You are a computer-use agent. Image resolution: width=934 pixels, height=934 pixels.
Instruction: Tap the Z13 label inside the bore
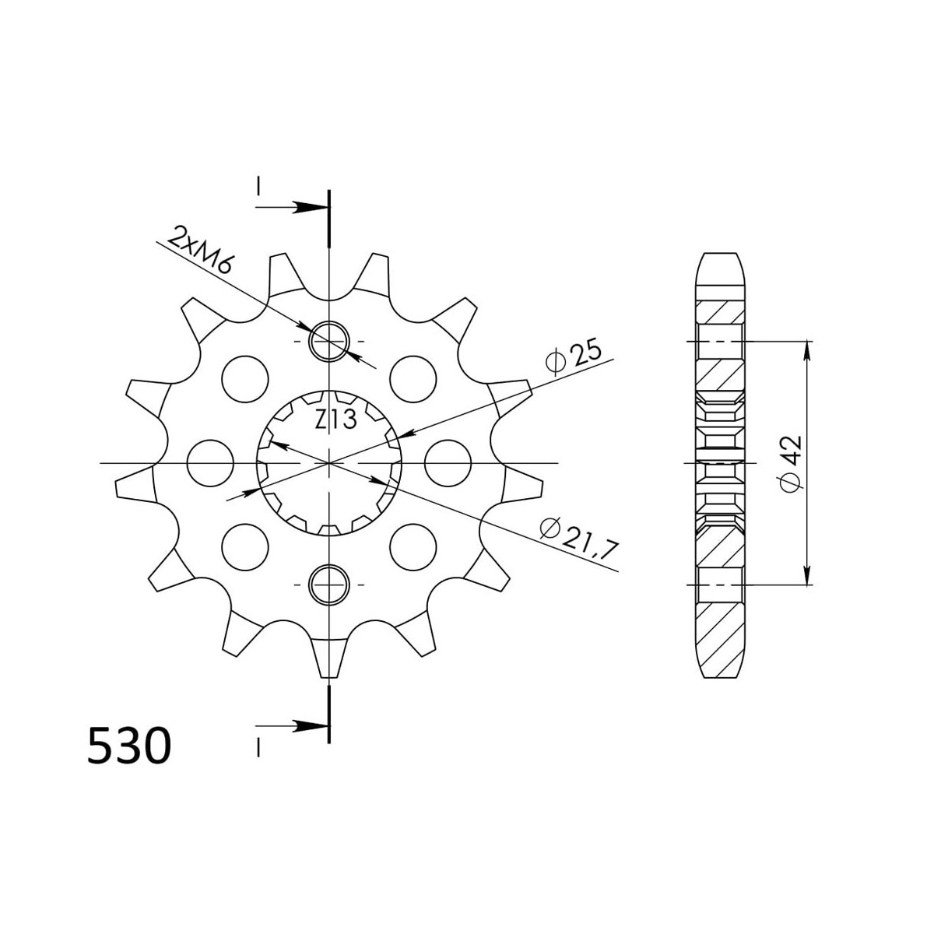pyautogui.click(x=335, y=420)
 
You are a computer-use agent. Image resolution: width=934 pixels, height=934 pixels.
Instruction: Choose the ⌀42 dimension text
pyautogui.click(x=790, y=464)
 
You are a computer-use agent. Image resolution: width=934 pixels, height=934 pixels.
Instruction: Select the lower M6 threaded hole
pyautogui.click(x=329, y=585)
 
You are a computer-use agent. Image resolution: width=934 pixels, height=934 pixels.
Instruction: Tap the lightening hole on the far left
pyautogui.click(x=210, y=463)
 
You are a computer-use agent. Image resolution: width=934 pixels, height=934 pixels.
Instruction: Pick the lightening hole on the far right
pyautogui.click(x=448, y=463)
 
